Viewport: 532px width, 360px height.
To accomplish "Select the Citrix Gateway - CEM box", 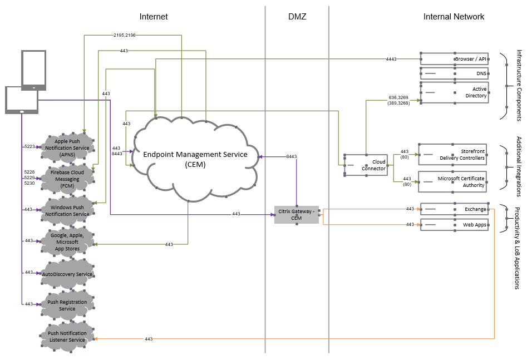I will click(x=297, y=215).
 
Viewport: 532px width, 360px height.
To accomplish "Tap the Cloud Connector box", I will click(x=366, y=165).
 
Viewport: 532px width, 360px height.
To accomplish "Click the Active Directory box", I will click(x=454, y=92).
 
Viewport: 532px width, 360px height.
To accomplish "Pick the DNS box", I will click(x=454, y=73).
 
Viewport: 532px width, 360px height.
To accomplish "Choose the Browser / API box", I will click(x=454, y=58).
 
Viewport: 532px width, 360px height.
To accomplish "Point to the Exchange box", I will click(x=454, y=209).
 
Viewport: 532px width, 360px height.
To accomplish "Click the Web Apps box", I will click(x=454, y=225).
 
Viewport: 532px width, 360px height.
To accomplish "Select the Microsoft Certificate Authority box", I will click(x=452, y=181).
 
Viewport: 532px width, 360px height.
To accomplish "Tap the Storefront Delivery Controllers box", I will click(x=452, y=154).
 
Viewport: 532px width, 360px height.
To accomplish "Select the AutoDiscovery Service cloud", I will click(x=67, y=274).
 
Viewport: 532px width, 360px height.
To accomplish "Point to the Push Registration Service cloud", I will click(x=67, y=305).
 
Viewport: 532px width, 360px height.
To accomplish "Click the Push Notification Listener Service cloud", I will click(x=67, y=337).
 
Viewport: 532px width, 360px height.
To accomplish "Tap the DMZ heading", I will click(x=297, y=17).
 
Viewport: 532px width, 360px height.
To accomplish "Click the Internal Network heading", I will click(x=454, y=17).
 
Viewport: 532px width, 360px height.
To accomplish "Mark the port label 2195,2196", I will click(x=125, y=35).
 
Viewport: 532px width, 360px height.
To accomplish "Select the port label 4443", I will click(x=391, y=58).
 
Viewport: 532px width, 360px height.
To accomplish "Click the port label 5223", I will click(x=29, y=146).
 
